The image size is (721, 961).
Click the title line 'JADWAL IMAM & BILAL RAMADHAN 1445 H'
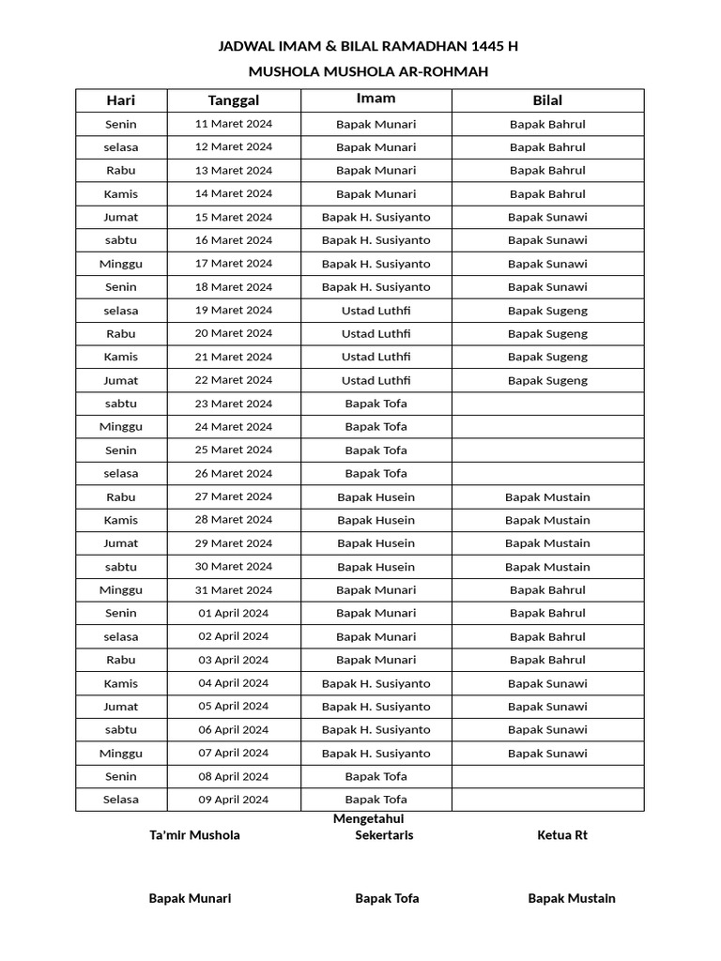click(x=368, y=46)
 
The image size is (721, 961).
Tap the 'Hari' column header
click(x=121, y=100)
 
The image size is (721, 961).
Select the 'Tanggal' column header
click(x=234, y=100)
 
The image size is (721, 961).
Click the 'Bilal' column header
click(x=547, y=100)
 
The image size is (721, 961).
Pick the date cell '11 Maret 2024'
click(x=234, y=124)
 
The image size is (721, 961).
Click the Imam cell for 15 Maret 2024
click(x=376, y=217)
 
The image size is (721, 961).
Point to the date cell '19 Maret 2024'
click(x=234, y=310)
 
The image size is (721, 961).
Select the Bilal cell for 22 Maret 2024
click(x=547, y=380)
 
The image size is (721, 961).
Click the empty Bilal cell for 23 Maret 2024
click(x=547, y=404)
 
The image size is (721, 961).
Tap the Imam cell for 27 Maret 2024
click(x=376, y=496)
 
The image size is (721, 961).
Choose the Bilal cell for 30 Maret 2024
click(x=547, y=567)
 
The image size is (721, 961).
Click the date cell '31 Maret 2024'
click(x=234, y=590)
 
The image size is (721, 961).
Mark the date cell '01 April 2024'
click(x=234, y=613)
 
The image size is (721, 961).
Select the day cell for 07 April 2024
click(x=121, y=753)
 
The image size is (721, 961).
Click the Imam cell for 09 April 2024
click(x=376, y=800)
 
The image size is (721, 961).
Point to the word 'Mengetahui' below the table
click(x=368, y=819)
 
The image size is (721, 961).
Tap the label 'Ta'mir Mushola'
click(x=194, y=835)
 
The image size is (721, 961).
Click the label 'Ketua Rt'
click(x=562, y=835)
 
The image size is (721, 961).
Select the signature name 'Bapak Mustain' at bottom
click(x=572, y=898)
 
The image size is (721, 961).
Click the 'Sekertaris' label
click(x=384, y=835)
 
